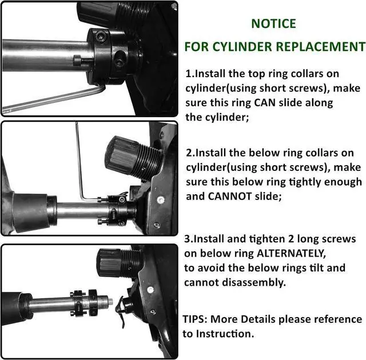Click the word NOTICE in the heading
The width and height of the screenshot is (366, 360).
click(274, 24)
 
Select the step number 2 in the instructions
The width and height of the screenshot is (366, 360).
click(189, 153)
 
